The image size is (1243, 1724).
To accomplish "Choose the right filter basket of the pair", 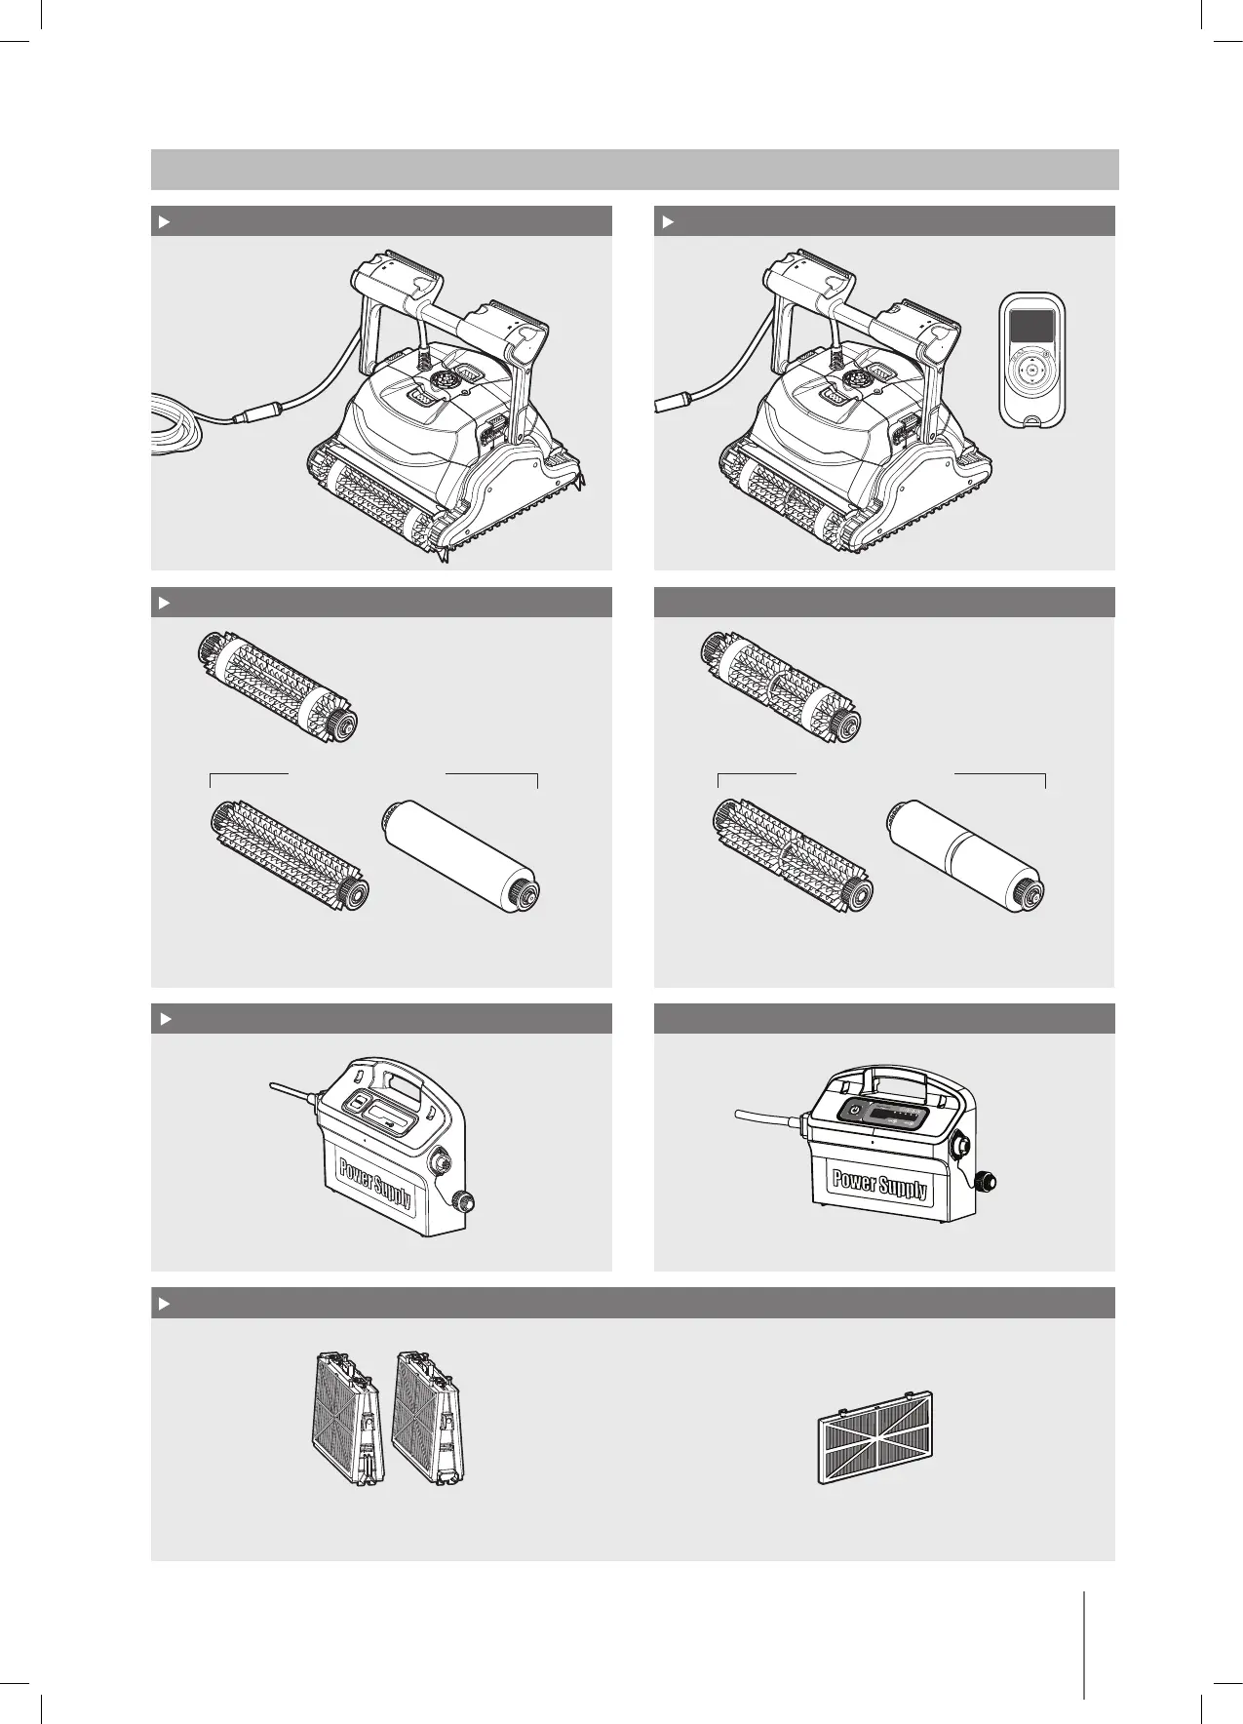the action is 427,1421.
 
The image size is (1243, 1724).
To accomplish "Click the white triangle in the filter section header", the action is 165,1304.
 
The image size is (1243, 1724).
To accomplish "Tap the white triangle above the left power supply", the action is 165,1019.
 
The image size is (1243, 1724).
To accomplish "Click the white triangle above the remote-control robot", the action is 668,222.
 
